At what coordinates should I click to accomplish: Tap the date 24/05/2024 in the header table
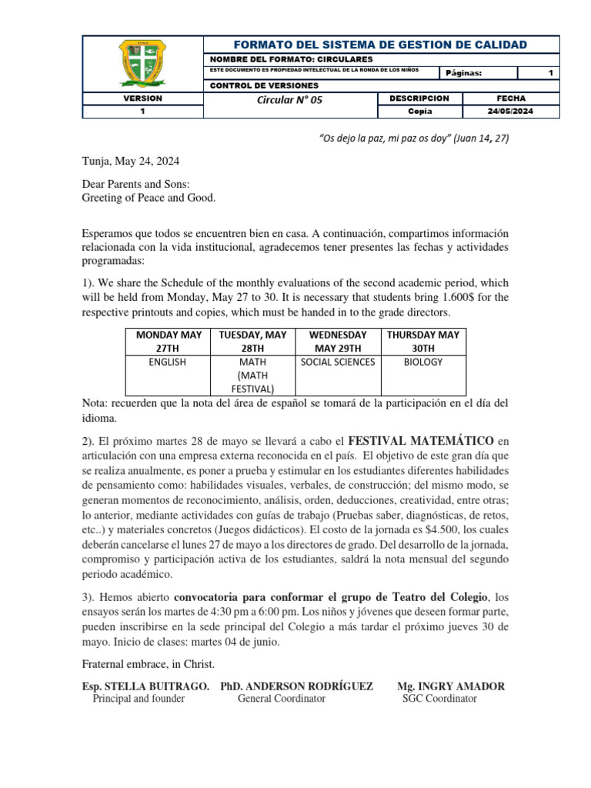tap(511, 111)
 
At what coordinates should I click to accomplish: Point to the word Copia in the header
tap(420, 111)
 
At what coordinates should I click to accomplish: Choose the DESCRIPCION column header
tap(419, 98)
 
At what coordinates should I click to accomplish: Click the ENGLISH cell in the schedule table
tap(167, 362)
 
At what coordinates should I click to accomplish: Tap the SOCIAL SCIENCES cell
tap(338, 362)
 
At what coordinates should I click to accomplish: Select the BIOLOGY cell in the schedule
tap(422, 362)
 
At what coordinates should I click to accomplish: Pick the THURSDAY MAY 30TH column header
tap(422, 341)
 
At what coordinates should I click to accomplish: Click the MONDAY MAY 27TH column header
tap(168, 341)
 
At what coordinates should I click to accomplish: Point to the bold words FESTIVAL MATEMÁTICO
tap(421, 441)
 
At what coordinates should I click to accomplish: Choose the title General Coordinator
tap(281, 699)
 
